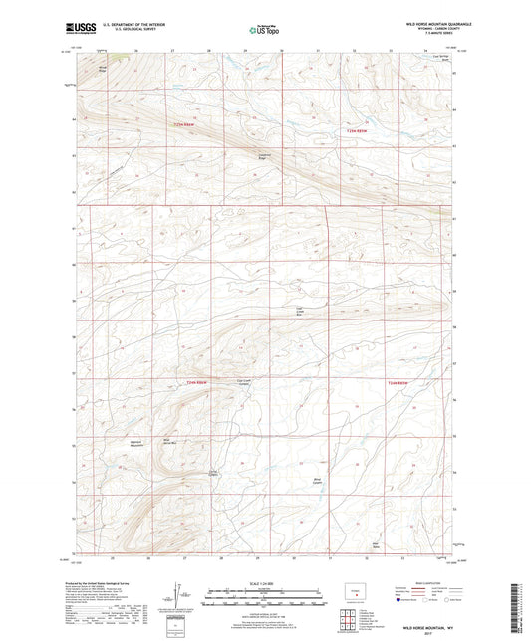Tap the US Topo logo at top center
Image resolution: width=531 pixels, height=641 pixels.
(x=258, y=32)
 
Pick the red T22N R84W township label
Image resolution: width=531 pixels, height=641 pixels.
(x=397, y=383)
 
